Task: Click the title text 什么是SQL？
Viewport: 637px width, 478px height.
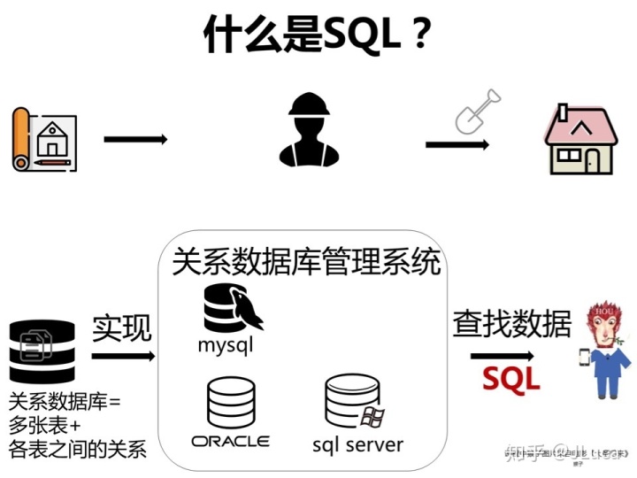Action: click(318, 36)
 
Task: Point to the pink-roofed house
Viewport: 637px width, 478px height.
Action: click(579, 139)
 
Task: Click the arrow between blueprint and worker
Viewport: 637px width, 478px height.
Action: click(135, 139)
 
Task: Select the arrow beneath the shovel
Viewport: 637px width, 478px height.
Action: click(457, 145)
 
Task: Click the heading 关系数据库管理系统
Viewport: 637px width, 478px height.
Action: click(306, 262)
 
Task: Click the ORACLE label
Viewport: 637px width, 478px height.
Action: click(230, 441)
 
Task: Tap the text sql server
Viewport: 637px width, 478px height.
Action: click(357, 443)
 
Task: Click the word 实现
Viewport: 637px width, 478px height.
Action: click(122, 328)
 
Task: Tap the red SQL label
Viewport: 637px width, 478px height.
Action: click(510, 378)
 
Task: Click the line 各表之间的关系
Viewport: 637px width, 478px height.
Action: click(77, 449)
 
